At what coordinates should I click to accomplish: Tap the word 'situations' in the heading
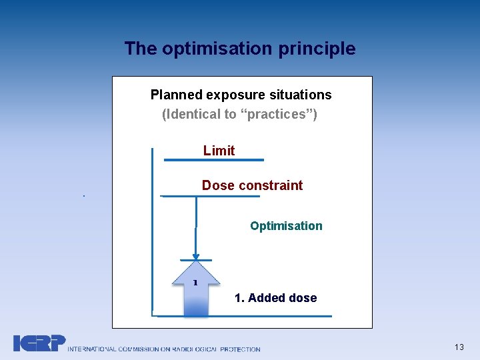pyautogui.click(x=300, y=95)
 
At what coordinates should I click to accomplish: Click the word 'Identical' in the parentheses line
pyautogui.click(x=193, y=114)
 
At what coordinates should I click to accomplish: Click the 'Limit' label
pyautogui.click(x=219, y=151)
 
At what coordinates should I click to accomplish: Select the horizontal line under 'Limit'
pyautogui.click(x=213, y=160)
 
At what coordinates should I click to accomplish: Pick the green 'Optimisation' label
pyautogui.click(x=286, y=226)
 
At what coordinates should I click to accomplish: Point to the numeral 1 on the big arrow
pyautogui.click(x=195, y=283)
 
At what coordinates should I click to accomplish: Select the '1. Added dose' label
pyautogui.click(x=275, y=298)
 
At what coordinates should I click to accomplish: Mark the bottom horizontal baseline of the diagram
pyautogui.click(x=243, y=315)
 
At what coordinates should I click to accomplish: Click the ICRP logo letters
pyautogui.click(x=39, y=343)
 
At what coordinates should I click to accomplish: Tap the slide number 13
pyautogui.click(x=459, y=347)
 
